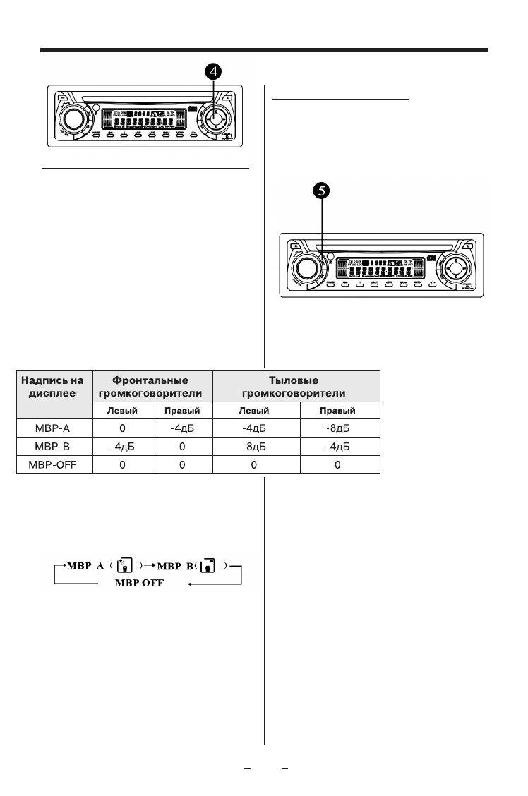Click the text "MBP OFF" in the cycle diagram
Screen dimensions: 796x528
pyautogui.click(x=145, y=584)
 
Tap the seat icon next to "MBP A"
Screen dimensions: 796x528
pyautogui.click(x=125, y=566)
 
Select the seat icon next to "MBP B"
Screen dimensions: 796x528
pyautogui.click(x=208, y=566)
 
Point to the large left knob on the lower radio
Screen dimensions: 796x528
pyautogui.click(x=306, y=268)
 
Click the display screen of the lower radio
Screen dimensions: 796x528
pyautogui.click(x=374, y=269)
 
